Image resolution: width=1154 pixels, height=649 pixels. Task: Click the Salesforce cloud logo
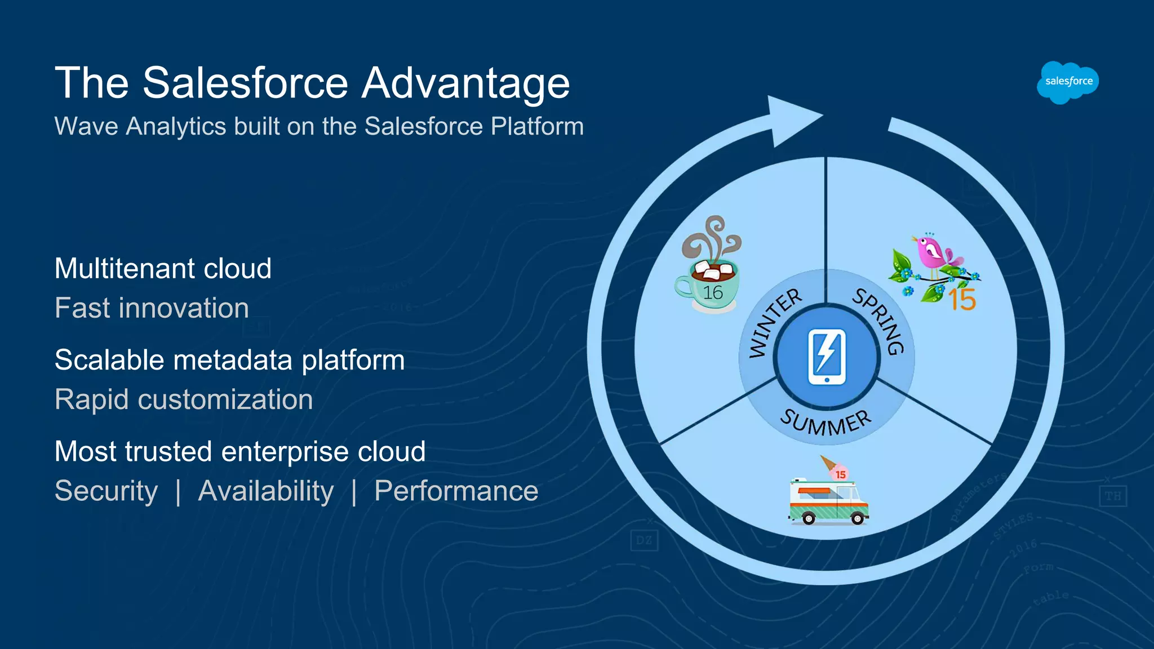point(1068,82)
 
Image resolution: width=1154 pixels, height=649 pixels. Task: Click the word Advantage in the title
point(465,83)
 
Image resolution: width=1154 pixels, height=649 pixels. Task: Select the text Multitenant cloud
point(163,268)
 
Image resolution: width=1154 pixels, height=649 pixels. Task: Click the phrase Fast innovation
point(152,308)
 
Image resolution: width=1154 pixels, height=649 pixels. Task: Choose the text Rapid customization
point(184,399)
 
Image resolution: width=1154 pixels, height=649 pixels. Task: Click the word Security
point(106,491)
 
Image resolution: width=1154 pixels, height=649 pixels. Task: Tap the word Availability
point(266,491)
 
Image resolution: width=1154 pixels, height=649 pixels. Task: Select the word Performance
point(456,491)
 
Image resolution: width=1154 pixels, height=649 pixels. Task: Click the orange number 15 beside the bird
point(962,300)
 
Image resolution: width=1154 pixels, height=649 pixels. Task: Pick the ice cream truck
point(827,501)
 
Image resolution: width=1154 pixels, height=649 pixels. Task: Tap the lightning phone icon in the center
point(827,357)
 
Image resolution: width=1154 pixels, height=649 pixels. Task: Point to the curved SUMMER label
point(826,423)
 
